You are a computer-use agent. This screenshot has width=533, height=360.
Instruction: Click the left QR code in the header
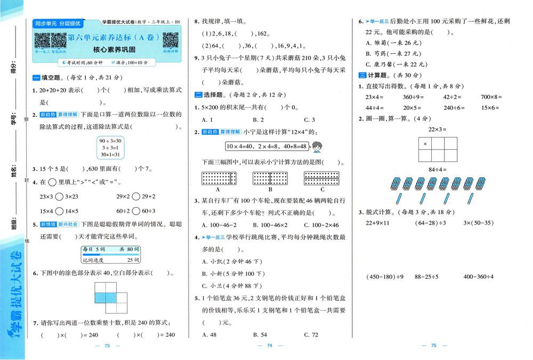pyautogui.click(x=43, y=40)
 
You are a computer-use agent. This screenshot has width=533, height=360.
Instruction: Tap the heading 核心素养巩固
pyautogui.click(x=107, y=51)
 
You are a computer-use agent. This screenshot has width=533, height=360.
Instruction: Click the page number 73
pyautogui.click(x=107, y=346)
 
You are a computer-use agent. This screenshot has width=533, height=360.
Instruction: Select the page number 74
pyautogui.click(x=269, y=346)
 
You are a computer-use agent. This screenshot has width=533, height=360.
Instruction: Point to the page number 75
pyautogui.click(x=433, y=346)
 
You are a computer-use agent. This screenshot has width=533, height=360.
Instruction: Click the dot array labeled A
pyautogui.click(x=219, y=178)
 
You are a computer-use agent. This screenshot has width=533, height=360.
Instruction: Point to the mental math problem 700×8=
pyautogui.click(x=491, y=97)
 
